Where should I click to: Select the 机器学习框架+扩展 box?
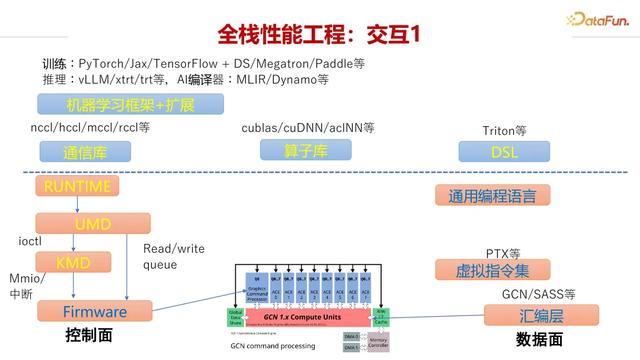[x=130, y=105]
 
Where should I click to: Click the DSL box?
[x=503, y=151]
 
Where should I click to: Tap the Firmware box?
[x=95, y=311]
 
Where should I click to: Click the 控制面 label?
[x=87, y=336]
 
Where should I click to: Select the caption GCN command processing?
[x=273, y=346]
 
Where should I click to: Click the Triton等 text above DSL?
[x=504, y=130]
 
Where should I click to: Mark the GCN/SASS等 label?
[x=539, y=294]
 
